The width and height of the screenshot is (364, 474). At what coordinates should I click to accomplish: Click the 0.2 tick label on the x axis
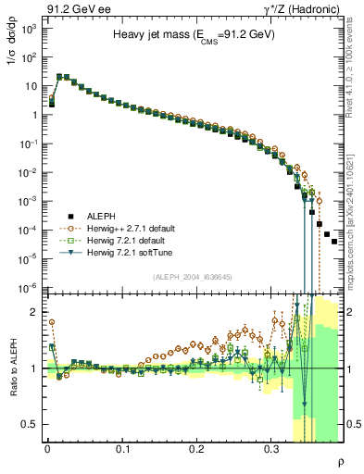[196, 452]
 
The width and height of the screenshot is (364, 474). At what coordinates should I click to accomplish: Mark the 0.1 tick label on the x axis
[122, 452]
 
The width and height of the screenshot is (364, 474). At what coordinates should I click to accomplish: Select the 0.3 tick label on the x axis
[271, 452]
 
